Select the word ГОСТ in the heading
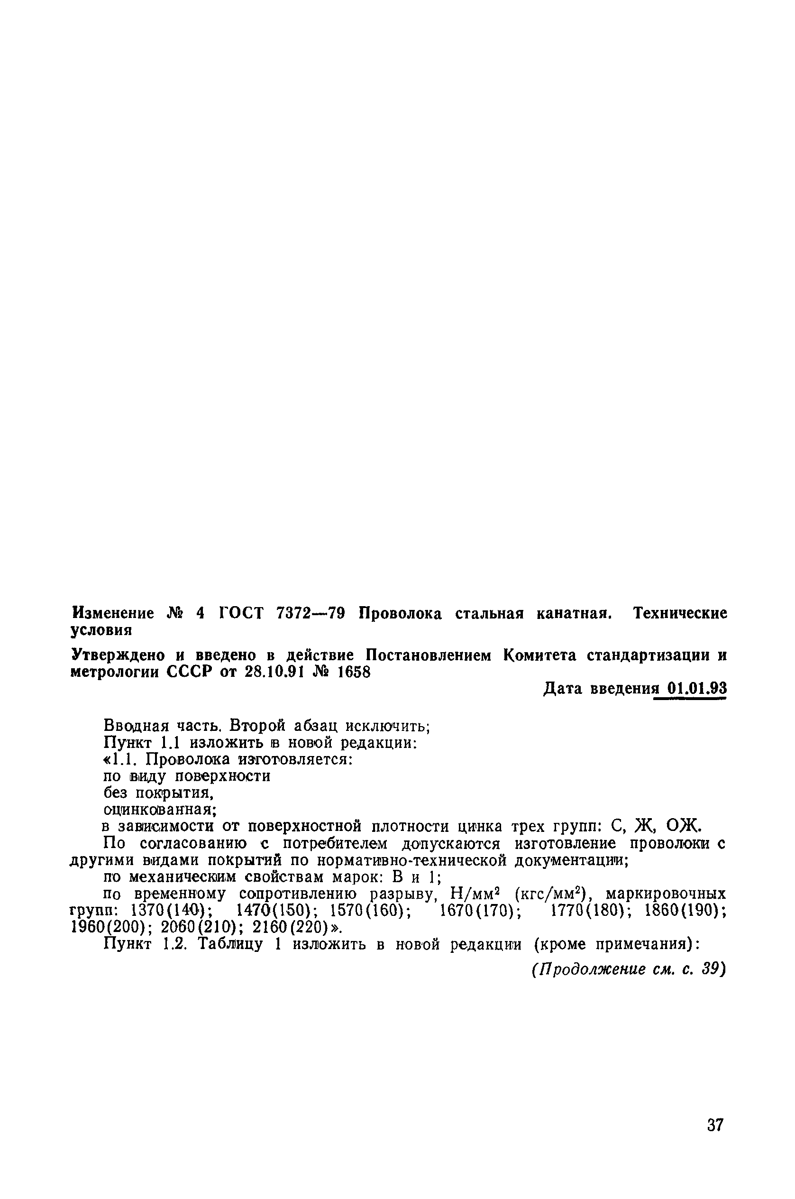241,614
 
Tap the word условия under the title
101,630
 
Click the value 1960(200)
110,928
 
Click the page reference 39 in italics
712,969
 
